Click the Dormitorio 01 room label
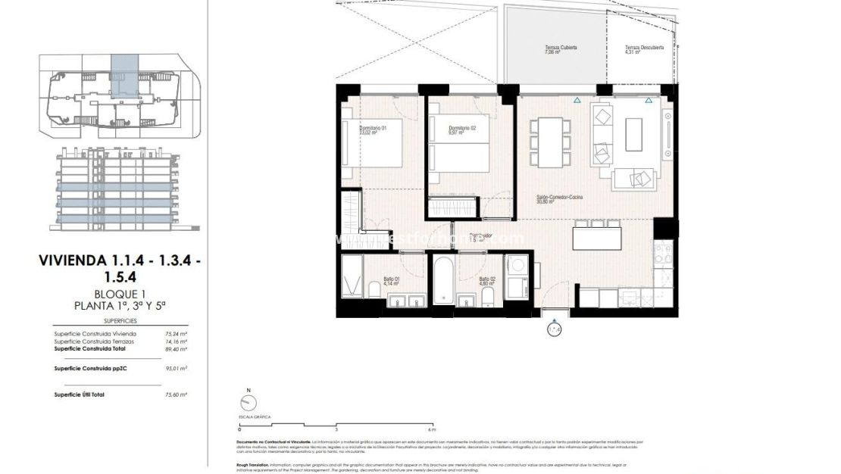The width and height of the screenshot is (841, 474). [373, 130]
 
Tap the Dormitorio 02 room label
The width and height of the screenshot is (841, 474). [461, 129]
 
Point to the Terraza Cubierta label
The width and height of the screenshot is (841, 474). [561, 50]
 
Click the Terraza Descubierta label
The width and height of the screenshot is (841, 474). [644, 50]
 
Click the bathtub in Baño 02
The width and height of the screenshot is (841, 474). [443, 284]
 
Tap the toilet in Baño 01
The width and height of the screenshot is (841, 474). [374, 288]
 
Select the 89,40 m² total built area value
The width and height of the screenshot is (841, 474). [176, 349]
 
